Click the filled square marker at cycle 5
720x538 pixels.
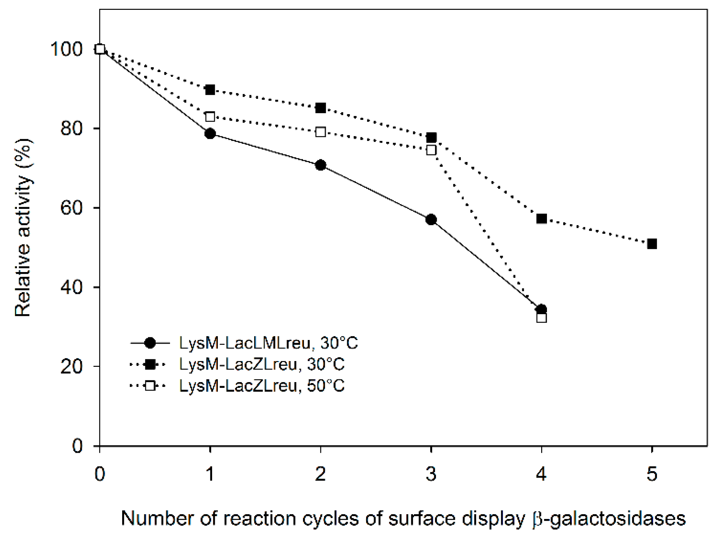click(652, 244)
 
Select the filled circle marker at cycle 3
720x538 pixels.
click(431, 219)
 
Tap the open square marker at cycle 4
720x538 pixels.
click(542, 318)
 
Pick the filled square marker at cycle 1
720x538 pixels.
click(210, 90)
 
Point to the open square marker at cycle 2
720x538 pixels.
click(320, 132)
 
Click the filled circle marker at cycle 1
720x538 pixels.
click(210, 133)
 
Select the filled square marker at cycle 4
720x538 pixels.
click(542, 219)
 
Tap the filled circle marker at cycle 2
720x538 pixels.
click(320, 165)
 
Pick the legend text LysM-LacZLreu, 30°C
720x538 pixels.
click(262, 364)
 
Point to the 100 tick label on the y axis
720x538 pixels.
click(67, 49)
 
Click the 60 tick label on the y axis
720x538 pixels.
click(72, 208)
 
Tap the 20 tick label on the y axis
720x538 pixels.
click(72, 366)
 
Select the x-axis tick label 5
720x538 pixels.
click(652, 473)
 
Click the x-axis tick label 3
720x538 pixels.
click(431, 473)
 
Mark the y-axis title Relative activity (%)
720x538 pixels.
click(23, 228)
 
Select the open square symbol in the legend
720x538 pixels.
click(150, 386)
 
